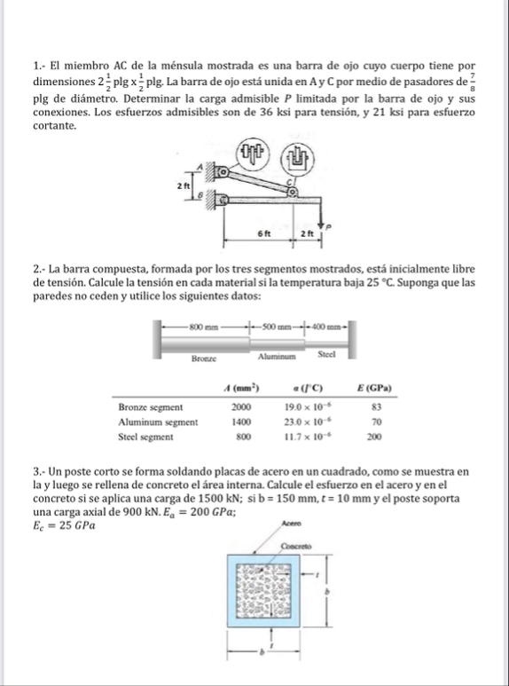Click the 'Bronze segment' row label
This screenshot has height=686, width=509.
click(151, 406)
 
